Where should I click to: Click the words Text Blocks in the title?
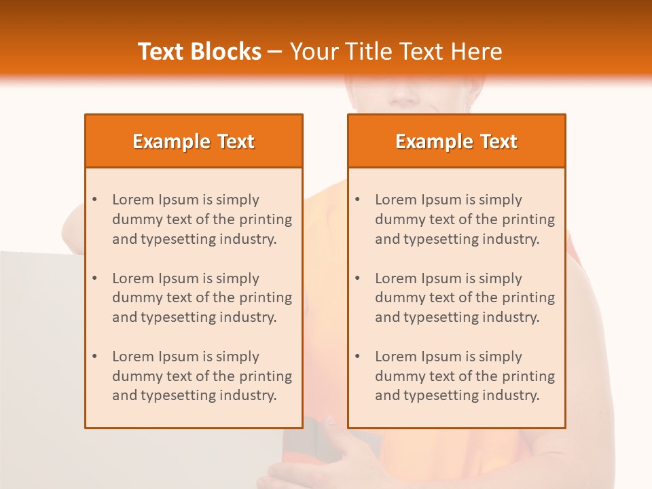click(x=199, y=52)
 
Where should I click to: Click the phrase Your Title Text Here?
click(x=396, y=52)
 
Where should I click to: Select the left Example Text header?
click(x=194, y=141)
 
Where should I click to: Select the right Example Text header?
click(x=456, y=141)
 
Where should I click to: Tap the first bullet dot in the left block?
click(x=95, y=200)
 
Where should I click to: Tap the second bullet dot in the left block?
click(x=95, y=278)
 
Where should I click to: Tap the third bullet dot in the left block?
click(x=95, y=357)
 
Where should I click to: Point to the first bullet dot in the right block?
click(x=358, y=200)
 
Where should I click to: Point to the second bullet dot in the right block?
click(x=358, y=278)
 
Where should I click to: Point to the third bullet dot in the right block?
click(x=358, y=357)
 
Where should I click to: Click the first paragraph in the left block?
click(x=202, y=219)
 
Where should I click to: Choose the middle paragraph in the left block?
click(x=202, y=297)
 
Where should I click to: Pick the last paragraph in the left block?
click(x=202, y=376)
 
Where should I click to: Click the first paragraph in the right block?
click(x=465, y=219)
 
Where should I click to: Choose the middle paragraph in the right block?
click(x=465, y=297)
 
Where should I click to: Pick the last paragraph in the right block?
click(x=465, y=376)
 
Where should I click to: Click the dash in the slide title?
click(x=275, y=52)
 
